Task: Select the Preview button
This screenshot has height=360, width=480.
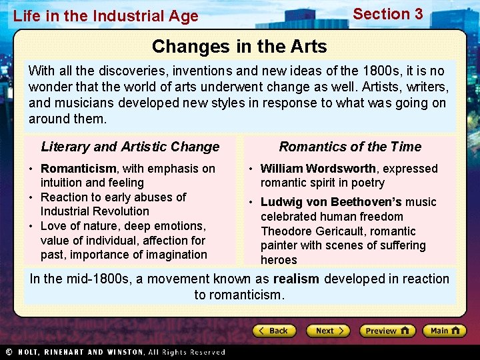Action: click(x=387, y=331)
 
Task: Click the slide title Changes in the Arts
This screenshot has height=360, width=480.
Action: click(x=239, y=47)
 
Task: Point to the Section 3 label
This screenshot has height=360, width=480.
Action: click(x=387, y=14)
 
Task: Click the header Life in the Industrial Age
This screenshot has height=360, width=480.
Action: click(x=105, y=16)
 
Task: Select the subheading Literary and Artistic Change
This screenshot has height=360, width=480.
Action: click(x=130, y=147)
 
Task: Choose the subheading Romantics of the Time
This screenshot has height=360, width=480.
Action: click(x=350, y=147)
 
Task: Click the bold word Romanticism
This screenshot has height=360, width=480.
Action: click(x=79, y=169)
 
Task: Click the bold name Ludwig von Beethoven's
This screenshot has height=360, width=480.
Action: click(x=331, y=202)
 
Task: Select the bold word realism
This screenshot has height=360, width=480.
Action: click(x=296, y=279)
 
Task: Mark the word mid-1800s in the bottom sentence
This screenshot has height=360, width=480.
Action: click(x=99, y=279)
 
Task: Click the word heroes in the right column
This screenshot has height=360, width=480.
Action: click(x=279, y=260)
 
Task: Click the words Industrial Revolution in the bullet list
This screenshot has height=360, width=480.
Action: click(x=95, y=211)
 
